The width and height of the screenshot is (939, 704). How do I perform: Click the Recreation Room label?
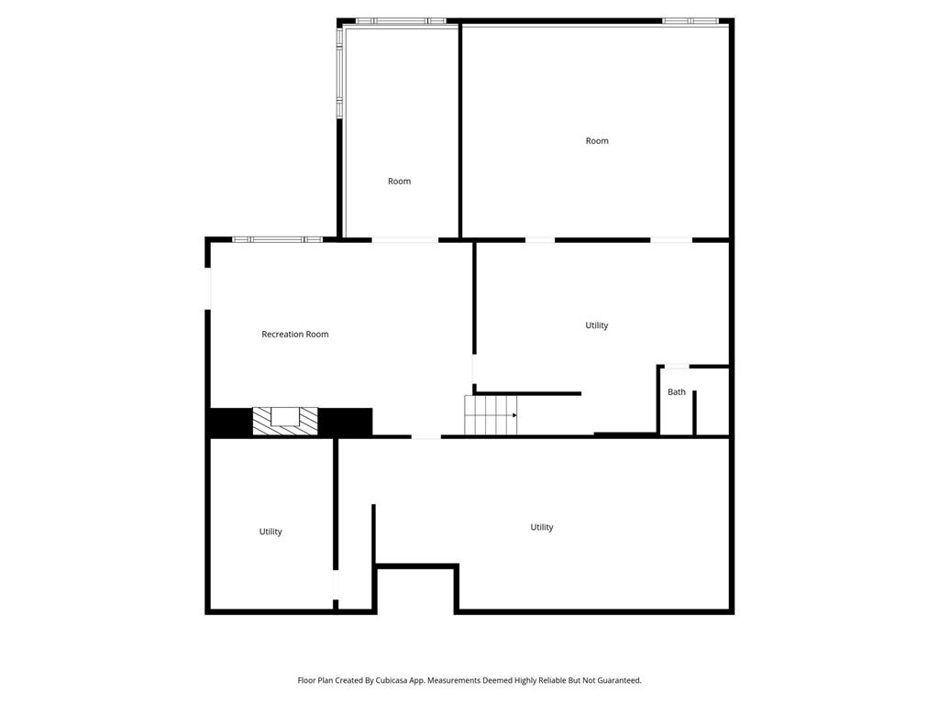pos(294,335)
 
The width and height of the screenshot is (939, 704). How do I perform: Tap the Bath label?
pos(676,392)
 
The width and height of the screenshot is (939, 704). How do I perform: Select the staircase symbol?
pos(491,415)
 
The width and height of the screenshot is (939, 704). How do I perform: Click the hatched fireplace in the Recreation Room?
pos(285,421)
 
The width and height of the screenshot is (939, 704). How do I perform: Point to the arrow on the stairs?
pos(514,415)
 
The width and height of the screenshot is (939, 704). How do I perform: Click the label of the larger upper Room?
pos(597,141)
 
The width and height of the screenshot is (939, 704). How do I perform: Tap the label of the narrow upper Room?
pos(399,181)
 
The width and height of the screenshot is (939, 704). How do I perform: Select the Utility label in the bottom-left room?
pos(271,532)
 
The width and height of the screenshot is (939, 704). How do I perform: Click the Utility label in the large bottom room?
pos(542,527)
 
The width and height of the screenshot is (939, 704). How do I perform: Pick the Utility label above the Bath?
pos(597,325)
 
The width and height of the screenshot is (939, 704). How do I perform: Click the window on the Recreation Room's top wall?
pos(277,239)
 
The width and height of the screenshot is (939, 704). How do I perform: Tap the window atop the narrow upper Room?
pos(401,21)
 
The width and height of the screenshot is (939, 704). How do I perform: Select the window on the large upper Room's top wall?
pos(690,21)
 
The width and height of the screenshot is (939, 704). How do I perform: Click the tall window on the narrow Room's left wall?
pos(339,72)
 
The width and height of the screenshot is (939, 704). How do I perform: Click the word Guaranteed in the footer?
pos(616,680)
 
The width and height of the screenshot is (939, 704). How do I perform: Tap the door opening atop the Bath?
pos(677,367)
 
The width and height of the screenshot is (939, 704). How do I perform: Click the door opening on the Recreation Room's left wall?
pos(208,288)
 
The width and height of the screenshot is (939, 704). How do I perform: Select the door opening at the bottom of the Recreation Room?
pos(425,436)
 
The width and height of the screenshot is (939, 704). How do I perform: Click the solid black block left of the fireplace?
pos(230,422)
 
